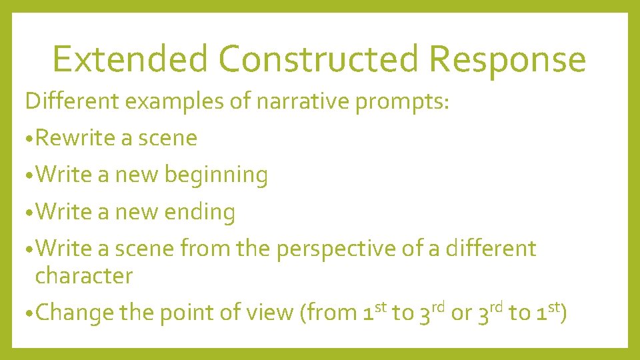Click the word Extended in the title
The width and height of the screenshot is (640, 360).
click(130, 59)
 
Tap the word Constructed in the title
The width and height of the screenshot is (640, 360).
click(319, 59)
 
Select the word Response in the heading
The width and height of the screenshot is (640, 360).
click(507, 60)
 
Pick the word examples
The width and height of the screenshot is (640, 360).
click(181, 103)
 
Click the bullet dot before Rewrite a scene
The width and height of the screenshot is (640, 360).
click(29, 139)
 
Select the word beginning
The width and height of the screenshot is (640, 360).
click(216, 175)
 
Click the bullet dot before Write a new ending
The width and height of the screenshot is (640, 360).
click(29, 213)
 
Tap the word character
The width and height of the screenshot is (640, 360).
click(84, 276)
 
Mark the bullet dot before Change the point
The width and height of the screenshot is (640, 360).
click(29, 313)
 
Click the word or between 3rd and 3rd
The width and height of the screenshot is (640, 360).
click(461, 313)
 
